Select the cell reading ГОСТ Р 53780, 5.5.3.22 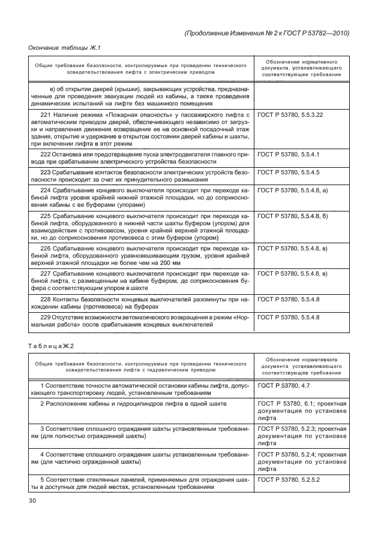290,114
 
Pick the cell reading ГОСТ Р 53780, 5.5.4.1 288,155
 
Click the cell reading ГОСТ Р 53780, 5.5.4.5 288,172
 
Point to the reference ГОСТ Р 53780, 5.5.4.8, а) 292,189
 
